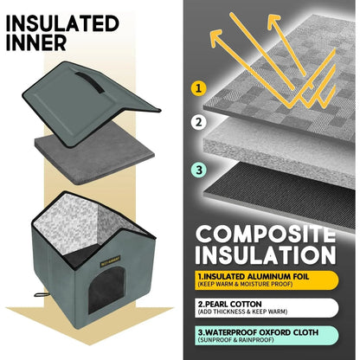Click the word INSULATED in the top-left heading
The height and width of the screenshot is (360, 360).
coord(62,23)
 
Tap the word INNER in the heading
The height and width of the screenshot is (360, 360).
coord(36,43)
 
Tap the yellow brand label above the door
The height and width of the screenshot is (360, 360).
coord(111,260)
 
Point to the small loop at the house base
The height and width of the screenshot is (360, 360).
coord(41,295)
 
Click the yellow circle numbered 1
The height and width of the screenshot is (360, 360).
coord(198,88)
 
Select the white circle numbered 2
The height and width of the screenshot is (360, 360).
coord(198,122)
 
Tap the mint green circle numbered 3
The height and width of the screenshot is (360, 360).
coord(199,170)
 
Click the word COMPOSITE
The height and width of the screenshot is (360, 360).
coord(266,235)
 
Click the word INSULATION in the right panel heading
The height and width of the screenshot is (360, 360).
coord(266,254)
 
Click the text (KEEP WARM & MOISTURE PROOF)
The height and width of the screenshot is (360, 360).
coord(245,284)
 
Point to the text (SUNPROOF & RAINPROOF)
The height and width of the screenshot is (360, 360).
coord(235,340)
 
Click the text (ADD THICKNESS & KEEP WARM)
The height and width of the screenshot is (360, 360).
coord(242,312)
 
